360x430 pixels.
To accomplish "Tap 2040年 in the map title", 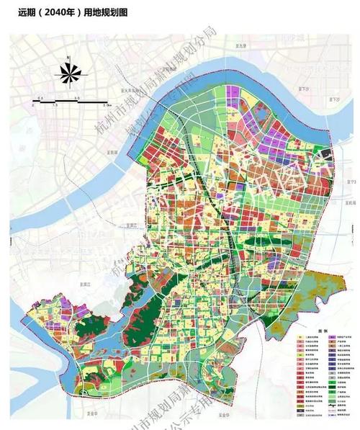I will (45, 12).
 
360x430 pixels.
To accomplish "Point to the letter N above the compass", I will (67, 55).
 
